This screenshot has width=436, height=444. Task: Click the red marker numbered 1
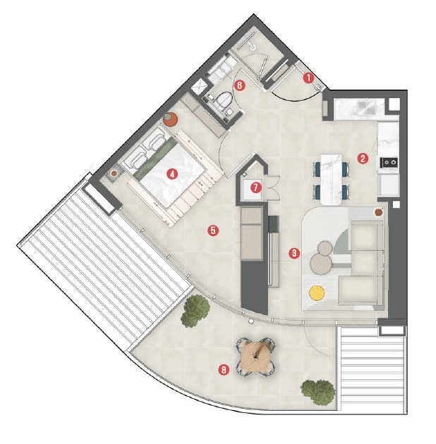(x=308, y=78)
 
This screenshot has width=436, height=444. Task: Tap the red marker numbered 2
(x=362, y=158)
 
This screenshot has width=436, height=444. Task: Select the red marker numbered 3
(x=294, y=252)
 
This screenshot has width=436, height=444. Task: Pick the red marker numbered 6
(x=239, y=85)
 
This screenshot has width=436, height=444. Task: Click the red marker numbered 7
(x=255, y=187)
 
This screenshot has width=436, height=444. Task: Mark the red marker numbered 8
(x=224, y=369)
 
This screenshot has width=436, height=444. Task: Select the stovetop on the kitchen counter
(x=389, y=163)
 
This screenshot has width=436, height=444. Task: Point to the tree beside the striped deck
(x=195, y=312)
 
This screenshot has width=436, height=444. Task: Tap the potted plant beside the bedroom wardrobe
(x=170, y=118)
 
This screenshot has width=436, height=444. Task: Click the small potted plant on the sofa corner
(x=380, y=211)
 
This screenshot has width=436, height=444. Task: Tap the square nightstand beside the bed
(x=114, y=172)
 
